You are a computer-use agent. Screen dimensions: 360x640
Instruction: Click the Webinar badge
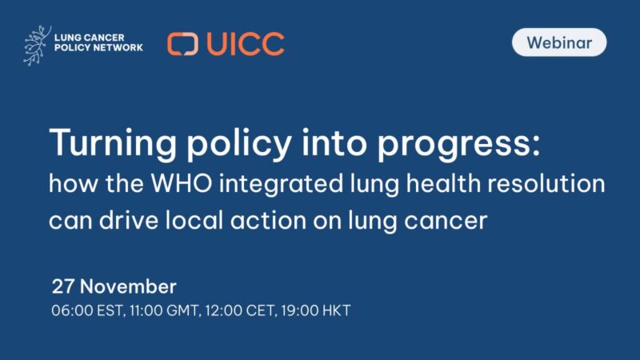click(x=559, y=42)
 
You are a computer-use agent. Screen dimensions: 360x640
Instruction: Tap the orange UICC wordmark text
click(x=245, y=43)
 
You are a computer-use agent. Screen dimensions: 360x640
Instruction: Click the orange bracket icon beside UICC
click(x=182, y=43)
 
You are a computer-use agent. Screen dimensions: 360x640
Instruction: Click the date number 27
click(x=62, y=286)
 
